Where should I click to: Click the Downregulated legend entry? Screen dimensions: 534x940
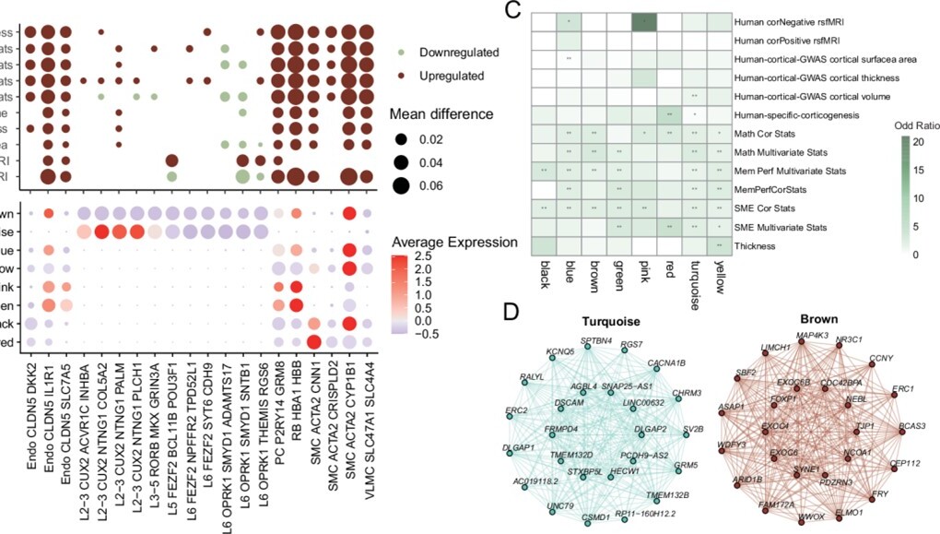[x=460, y=52]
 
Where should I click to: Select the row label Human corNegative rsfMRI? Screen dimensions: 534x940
[x=794, y=20]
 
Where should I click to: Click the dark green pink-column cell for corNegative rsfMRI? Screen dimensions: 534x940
[x=641, y=20]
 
